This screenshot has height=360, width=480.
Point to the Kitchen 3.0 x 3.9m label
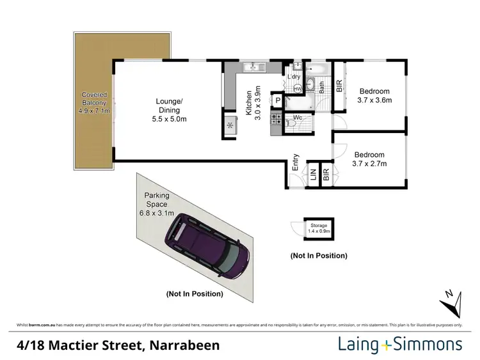[x=254, y=102]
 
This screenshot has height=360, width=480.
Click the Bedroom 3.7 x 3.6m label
[x=374, y=95]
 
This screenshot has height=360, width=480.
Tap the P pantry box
[x=278, y=100]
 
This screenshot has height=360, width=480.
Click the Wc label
[x=298, y=117]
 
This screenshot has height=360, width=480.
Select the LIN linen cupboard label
[x=314, y=175]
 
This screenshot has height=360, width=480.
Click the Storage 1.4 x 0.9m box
[x=319, y=228]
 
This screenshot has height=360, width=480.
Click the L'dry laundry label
[x=294, y=77]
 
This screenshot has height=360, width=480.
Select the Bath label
[x=322, y=86]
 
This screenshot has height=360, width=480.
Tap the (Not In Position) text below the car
[x=194, y=294]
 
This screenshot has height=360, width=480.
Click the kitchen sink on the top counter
[x=253, y=66]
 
